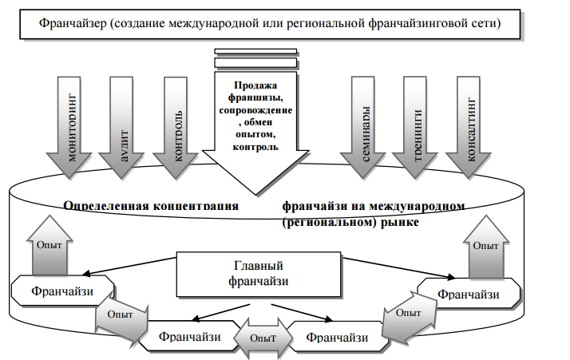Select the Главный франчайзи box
[259, 273]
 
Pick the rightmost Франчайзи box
[469, 295]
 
